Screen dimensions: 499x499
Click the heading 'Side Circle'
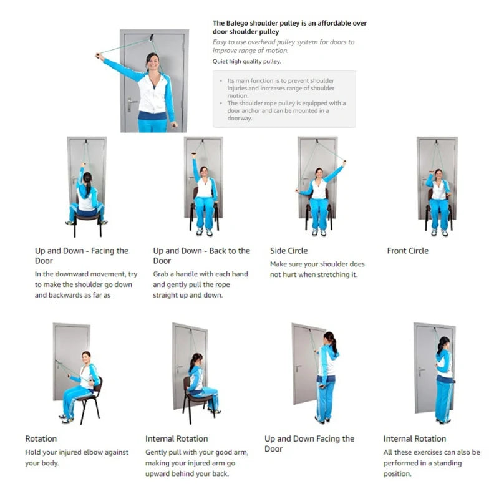pyautogui.click(x=289, y=251)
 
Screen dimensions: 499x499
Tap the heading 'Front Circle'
pyautogui.click(x=407, y=251)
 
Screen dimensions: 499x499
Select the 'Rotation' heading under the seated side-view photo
pyautogui.click(x=41, y=438)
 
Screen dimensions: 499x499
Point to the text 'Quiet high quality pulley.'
pyautogui.click(x=246, y=61)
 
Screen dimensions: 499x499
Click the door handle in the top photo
pyautogui.click(x=130, y=101)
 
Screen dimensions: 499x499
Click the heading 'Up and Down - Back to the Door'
pyautogui.click(x=201, y=255)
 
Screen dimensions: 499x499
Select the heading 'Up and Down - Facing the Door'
pyautogui.click(x=81, y=255)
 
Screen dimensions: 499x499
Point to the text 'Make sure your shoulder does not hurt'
pyautogui.click(x=317, y=269)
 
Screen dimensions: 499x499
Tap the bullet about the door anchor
pyautogui.click(x=286, y=110)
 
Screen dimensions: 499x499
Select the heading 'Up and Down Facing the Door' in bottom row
pyautogui.click(x=309, y=443)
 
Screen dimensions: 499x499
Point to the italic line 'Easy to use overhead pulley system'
pyautogui.click(x=283, y=46)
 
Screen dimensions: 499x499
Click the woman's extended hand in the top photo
pyautogui.click(x=99, y=56)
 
